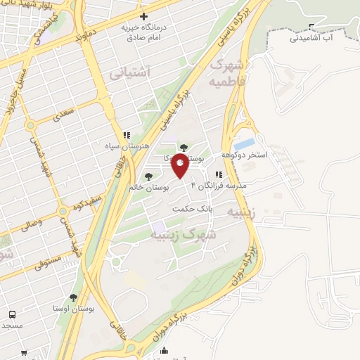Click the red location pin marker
[x=181, y=168]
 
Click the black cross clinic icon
[x=144, y=15]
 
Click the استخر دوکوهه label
[x=245, y=155]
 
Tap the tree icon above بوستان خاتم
[x=148, y=176]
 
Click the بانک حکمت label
[x=191, y=209]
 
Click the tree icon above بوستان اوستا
[x=73, y=297]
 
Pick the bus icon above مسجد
[x=11, y=314]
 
